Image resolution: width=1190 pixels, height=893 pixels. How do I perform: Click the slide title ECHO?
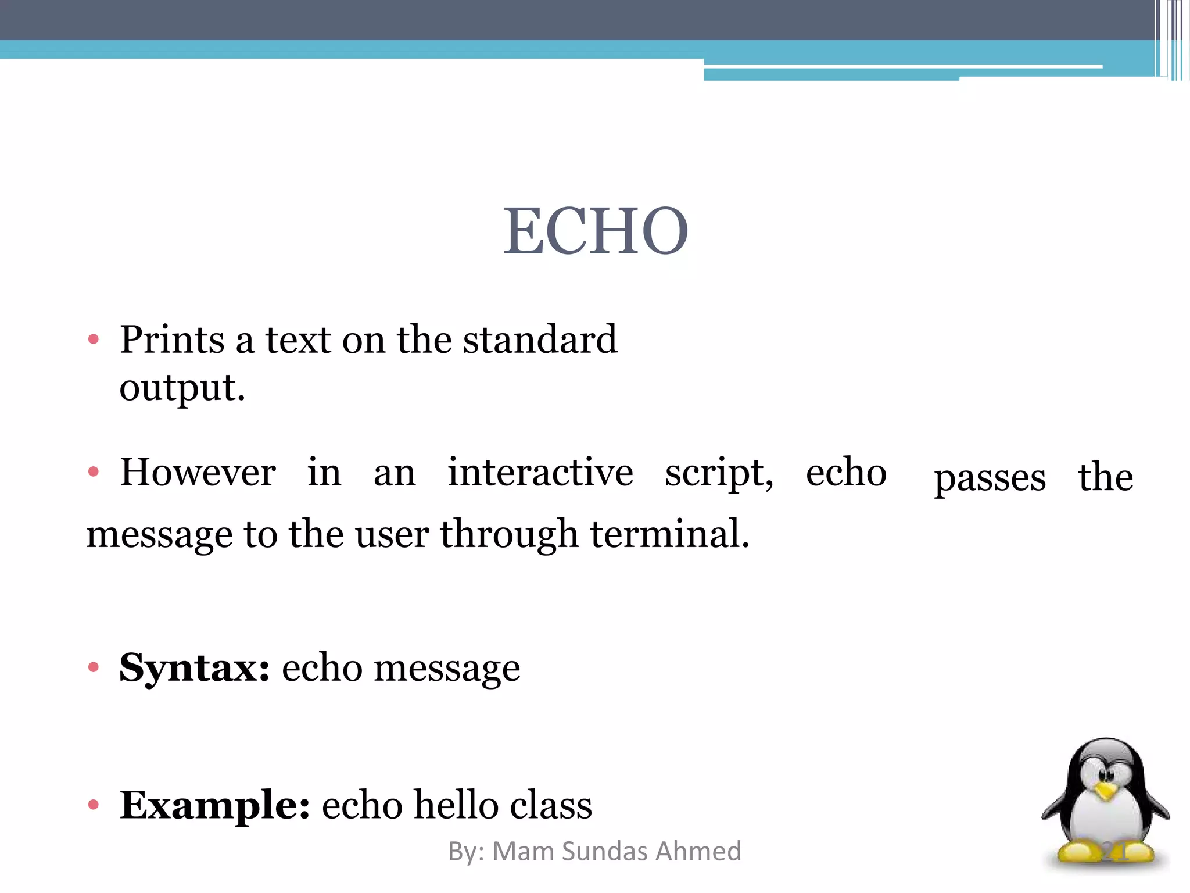click(x=596, y=231)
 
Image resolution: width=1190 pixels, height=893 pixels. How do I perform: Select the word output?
click(x=182, y=388)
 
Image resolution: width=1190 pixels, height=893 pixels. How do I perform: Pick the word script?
click(x=719, y=473)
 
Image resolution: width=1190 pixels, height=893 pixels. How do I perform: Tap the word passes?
click(x=990, y=478)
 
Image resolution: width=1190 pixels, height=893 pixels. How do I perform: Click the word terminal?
click(x=670, y=534)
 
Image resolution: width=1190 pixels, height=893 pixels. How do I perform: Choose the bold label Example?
click(x=214, y=805)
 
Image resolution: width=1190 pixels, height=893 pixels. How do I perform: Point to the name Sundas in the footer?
click(x=604, y=851)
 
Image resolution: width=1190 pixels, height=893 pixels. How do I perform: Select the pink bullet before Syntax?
click(x=94, y=667)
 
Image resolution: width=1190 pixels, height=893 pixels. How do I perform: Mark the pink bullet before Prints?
click(x=94, y=339)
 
